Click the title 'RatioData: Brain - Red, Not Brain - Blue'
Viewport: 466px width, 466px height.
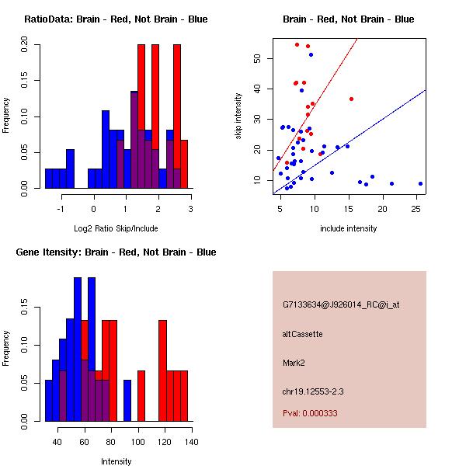click(116, 19)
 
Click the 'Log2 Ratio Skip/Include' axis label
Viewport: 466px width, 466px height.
click(116, 228)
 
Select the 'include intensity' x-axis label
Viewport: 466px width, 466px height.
click(349, 228)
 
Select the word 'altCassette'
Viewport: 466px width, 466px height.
click(302, 334)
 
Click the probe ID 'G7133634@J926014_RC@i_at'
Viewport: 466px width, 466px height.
click(340, 305)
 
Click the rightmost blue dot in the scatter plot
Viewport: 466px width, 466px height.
click(420, 184)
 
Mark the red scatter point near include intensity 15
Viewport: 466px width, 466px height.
click(351, 99)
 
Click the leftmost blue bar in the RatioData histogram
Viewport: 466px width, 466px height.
click(50, 178)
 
